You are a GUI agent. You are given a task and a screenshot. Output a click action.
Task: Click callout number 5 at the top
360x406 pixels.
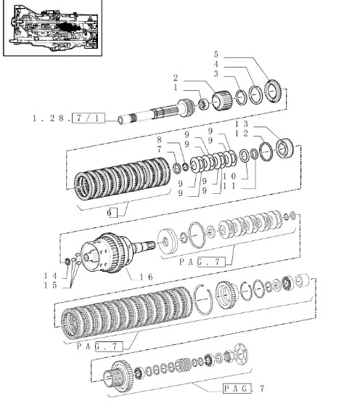click(x=216, y=54)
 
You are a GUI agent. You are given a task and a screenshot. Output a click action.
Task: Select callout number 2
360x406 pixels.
click(x=176, y=78)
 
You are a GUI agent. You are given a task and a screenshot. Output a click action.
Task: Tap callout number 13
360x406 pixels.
click(x=242, y=124)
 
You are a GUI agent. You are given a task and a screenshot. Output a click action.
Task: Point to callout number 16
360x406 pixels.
click(x=147, y=277)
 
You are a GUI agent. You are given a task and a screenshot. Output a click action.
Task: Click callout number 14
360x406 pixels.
click(x=51, y=276)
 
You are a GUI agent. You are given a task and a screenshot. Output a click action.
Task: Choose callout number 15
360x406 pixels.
click(x=51, y=285)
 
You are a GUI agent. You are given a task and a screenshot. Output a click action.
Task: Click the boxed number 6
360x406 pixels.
click(x=112, y=213)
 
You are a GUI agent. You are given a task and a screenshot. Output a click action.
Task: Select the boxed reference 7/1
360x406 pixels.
click(x=89, y=118)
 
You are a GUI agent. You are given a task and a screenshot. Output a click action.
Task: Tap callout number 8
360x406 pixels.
click(x=159, y=140)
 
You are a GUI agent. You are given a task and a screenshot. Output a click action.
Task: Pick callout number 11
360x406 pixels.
click(x=230, y=186)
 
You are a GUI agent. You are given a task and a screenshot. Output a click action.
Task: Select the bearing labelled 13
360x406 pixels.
click(x=285, y=149)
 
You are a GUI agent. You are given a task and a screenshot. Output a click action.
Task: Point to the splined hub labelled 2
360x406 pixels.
click(x=221, y=100)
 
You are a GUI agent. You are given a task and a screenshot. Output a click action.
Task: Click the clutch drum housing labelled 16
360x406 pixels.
click(x=107, y=253)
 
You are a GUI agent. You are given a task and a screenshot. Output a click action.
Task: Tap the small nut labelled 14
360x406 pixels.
click(x=67, y=261)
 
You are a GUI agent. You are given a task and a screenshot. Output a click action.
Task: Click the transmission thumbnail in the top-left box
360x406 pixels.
click(x=54, y=28)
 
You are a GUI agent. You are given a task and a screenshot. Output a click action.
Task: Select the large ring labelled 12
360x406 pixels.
click(x=266, y=152)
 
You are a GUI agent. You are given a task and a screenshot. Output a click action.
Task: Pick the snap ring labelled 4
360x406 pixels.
click(x=255, y=94)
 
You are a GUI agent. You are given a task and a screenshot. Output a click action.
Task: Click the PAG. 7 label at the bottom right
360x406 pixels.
click(x=244, y=389)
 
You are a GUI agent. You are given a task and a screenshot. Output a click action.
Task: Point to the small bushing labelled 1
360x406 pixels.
click(x=204, y=104)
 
